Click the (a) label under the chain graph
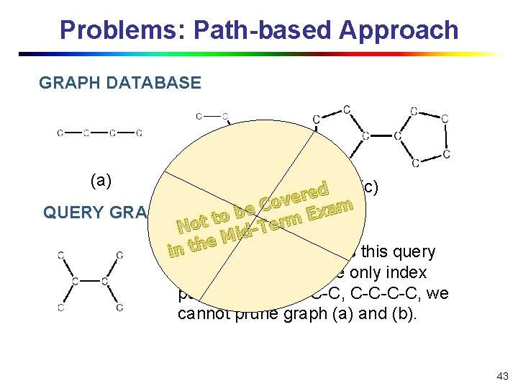(101, 181)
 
